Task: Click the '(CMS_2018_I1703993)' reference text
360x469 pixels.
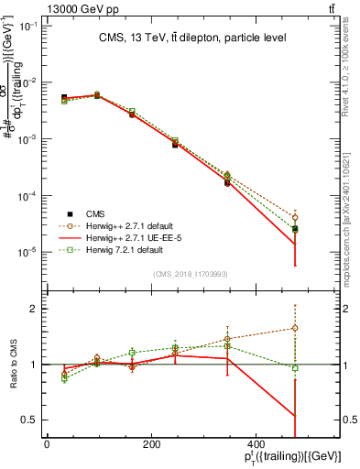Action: pos(192,274)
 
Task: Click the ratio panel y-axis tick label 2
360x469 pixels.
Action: pos(33,309)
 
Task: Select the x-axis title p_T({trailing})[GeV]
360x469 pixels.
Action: pos(290,458)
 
